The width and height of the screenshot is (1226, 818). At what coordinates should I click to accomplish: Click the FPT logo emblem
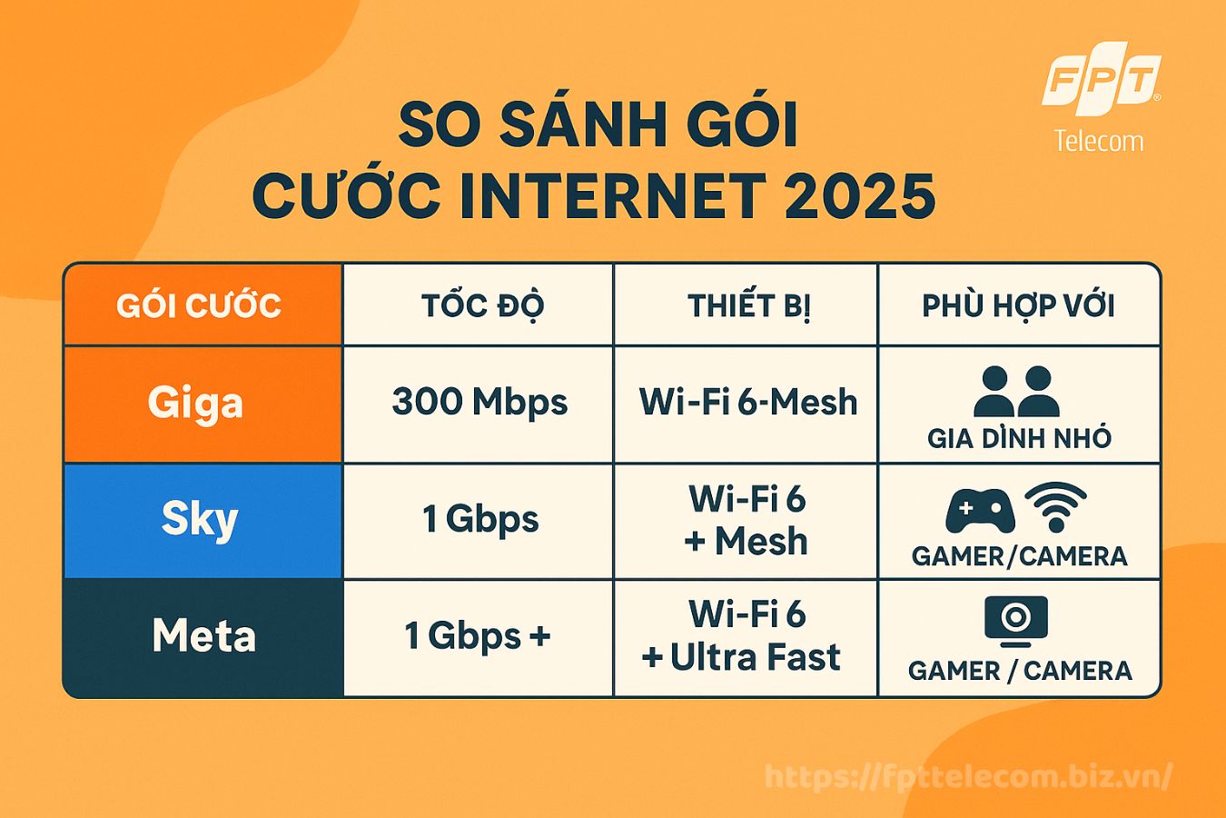(1102, 79)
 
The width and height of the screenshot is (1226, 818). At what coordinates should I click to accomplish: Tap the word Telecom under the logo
(1099, 142)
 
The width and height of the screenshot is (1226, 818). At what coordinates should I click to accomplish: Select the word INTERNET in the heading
(612, 196)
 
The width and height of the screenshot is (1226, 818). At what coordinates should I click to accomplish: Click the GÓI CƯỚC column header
(199, 305)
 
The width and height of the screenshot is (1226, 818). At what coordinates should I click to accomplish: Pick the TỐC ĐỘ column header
(483, 305)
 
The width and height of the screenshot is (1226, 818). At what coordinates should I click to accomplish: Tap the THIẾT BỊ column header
(749, 305)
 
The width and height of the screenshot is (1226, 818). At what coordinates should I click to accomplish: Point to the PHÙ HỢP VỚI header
(1019, 305)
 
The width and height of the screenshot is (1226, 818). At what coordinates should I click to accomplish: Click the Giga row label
(195, 404)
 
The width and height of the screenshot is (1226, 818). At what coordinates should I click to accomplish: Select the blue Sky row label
(200, 521)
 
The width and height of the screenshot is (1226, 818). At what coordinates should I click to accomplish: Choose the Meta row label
(203, 635)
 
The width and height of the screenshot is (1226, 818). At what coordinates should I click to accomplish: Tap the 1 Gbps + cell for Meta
(478, 636)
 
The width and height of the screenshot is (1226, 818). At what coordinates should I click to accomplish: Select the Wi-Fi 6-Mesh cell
(748, 402)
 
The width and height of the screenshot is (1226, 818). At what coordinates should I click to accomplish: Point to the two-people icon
(1016, 392)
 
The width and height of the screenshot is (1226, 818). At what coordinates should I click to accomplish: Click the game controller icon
(980, 511)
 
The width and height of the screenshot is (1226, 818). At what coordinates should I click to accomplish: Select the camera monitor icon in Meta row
(1016, 618)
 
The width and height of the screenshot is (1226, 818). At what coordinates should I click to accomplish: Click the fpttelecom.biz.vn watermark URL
(968, 777)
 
